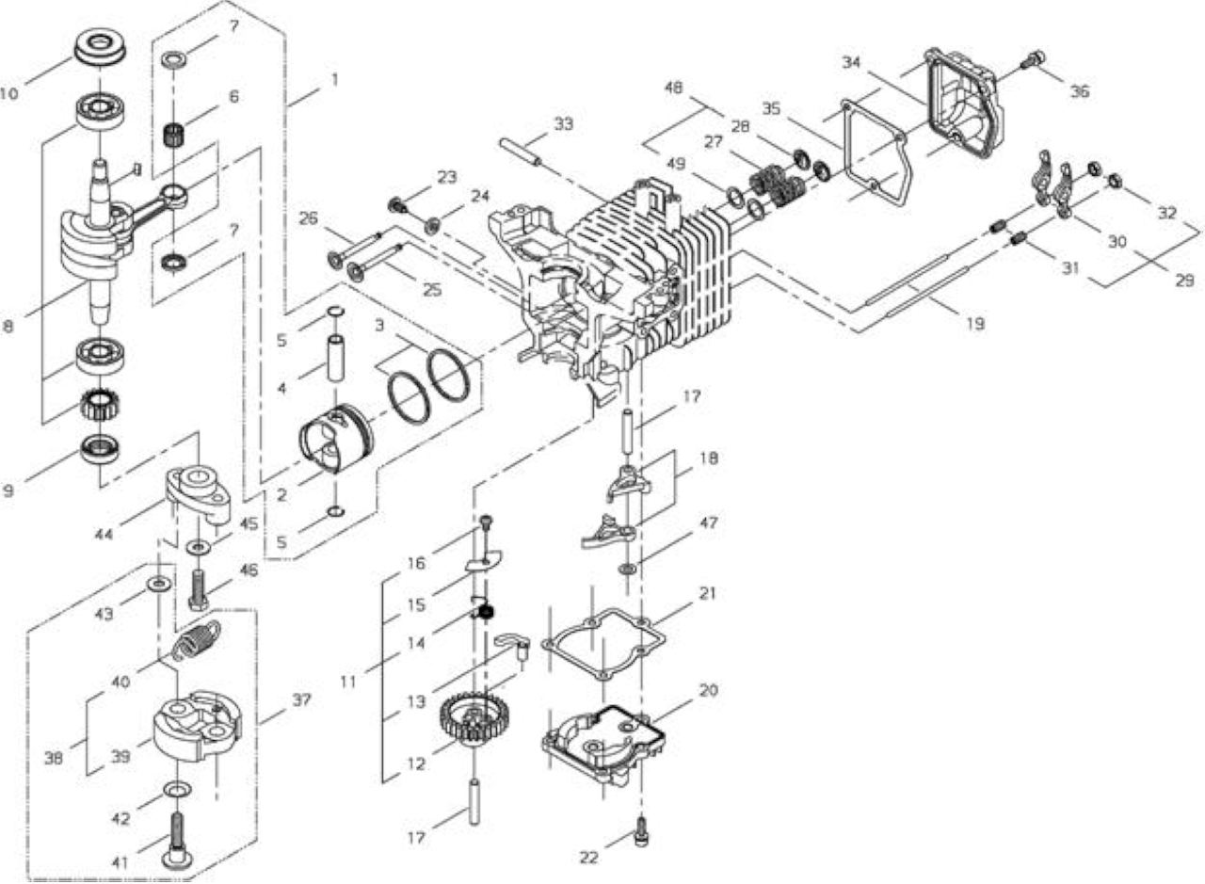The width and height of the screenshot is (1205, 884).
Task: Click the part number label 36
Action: click(1080, 91)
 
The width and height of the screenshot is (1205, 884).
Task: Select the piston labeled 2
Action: click(335, 439)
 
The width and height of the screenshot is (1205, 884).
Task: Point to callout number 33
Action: click(563, 123)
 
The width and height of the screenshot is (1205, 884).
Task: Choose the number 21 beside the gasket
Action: click(707, 593)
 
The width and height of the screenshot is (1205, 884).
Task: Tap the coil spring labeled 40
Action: click(197, 640)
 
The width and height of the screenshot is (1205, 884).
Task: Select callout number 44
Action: click(104, 534)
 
